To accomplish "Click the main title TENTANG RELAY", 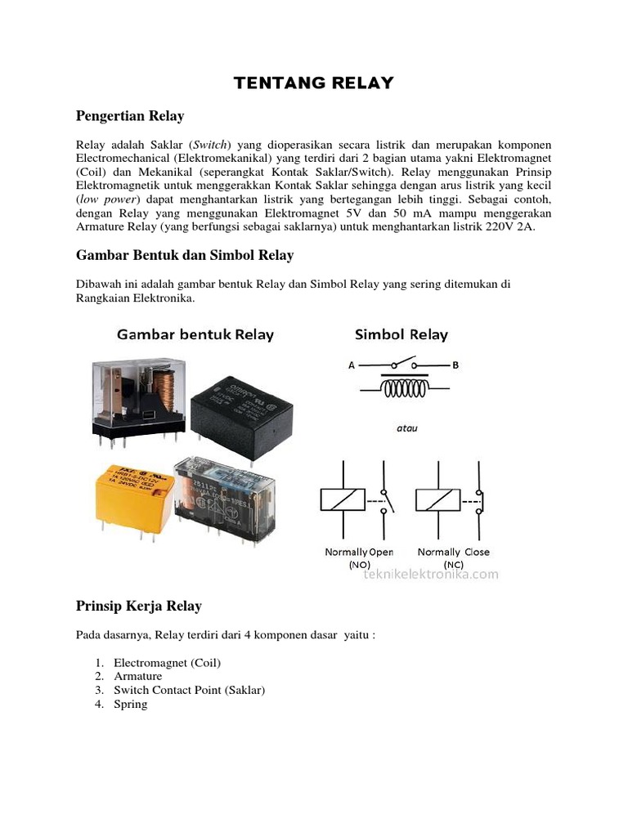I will tap(314, 83).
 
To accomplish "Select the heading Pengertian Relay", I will tap(130, 115).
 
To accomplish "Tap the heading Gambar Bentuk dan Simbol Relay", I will tap(185, 255).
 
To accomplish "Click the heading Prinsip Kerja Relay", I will tap(138, 606).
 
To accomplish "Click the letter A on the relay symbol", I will tap(352, 366).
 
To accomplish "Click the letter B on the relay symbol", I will tap(456, 366).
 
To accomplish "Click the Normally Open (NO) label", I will tap(359, 557).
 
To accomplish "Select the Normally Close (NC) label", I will tap(454, 557).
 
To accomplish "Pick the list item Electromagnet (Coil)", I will tap(167, 662).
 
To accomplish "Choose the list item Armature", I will tap(137, 676).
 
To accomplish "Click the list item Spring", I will tap(130, 704).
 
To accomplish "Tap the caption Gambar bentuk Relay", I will tap(195, 334).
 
